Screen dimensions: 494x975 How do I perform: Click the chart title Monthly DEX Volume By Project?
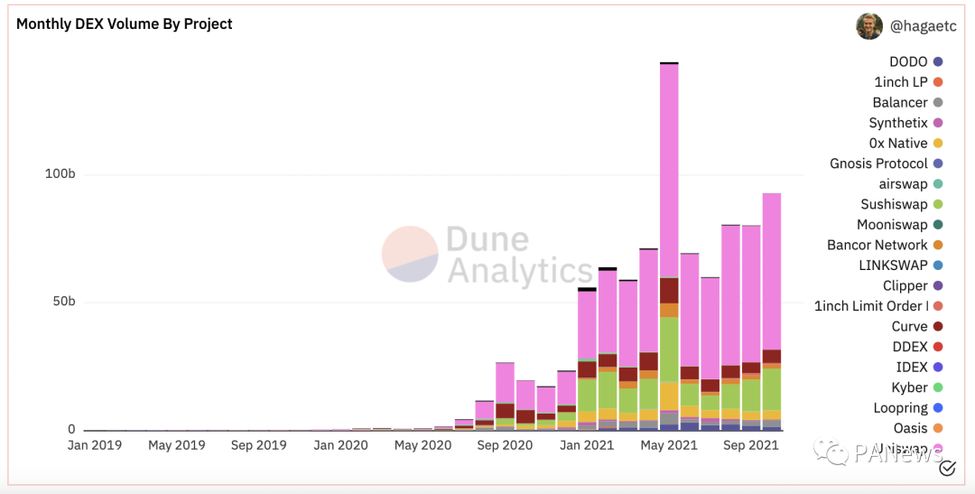click(125, 24)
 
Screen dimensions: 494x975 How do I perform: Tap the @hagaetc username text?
click(922, 26)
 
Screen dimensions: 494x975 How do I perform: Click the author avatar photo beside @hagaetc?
click(869, 26)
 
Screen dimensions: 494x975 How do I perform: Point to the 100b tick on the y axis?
click(60, 173)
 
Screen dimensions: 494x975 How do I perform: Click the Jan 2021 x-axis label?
click(587, 445)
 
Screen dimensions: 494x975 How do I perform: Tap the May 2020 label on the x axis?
click(422, 445)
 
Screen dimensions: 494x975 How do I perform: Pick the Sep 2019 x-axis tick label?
click(258, 445)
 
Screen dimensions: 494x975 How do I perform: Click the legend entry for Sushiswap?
click(894, 204)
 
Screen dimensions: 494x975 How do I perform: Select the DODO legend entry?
click(908, 61)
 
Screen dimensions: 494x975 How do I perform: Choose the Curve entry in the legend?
click(910, 326)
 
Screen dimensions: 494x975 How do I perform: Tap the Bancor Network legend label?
click(877, 245)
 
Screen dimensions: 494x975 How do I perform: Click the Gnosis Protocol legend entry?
click(878, 163)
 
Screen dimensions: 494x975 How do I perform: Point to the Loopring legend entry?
click(900, 408)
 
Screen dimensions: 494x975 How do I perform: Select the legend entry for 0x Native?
click(898, 143)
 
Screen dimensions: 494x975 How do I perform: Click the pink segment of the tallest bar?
click(669, 172)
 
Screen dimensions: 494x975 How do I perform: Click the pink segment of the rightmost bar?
click(772, 271)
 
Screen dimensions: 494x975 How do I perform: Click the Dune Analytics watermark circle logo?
click(410, 255)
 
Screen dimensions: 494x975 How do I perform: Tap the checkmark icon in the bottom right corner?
click(947, 468)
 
